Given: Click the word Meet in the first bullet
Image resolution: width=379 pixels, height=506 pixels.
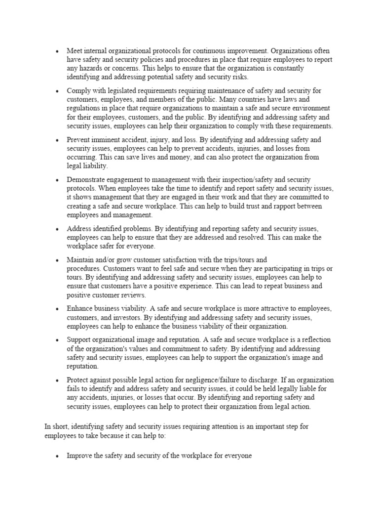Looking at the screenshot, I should pos(75,51).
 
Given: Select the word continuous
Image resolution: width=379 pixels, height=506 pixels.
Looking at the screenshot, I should pos(208,51).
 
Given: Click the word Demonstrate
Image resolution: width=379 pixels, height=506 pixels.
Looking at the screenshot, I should pos(87,179).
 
